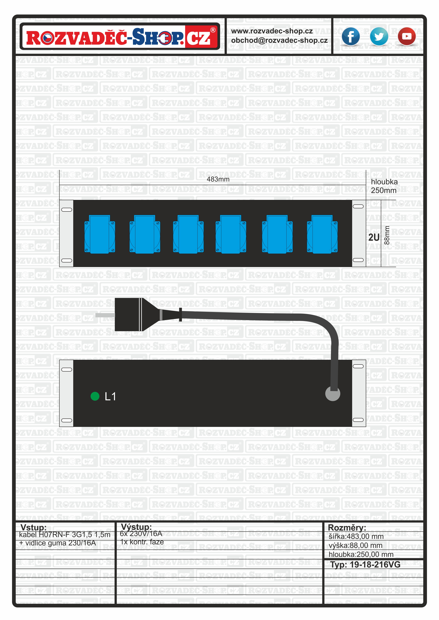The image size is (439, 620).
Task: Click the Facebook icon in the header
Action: [x=350, y=36]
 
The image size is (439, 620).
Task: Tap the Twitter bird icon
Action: [x=379, y=36]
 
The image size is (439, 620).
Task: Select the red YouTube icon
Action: [x=407, y=36]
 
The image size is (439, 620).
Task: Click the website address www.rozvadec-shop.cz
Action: [x=272, y=31]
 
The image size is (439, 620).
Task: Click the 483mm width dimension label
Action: [x=218, y=179]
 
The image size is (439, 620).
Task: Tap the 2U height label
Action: [x=374, y=237]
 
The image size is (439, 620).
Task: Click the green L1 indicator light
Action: [x=95, y=396]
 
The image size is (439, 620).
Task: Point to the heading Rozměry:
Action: [x=347, y=527]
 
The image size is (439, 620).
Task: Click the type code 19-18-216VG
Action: [x=375, y=565]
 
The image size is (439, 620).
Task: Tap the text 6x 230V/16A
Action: [x=141, y=534]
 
